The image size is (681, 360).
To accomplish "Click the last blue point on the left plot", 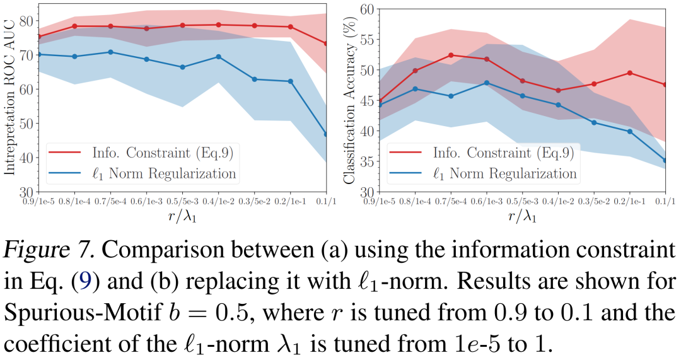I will pyautogui.click(x=326, y=134).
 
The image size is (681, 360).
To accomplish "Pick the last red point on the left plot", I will pyautogui.click(x=326, y=44).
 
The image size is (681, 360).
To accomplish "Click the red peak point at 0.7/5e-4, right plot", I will pyautogui.click(x=450, y=55).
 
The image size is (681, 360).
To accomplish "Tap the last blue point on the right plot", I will pyautogui.click(x=665, y=161).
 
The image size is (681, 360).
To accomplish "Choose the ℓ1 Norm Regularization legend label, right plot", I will pyautogui.click(x=504, y=173).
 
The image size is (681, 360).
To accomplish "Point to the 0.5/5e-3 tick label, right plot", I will pyautogui.click(x=521, y=201).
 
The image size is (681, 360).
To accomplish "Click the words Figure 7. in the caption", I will pyautogui.click(x=50, y=249).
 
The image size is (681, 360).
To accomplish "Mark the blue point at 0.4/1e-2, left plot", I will pyautogui.click(x=218, y=57).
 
